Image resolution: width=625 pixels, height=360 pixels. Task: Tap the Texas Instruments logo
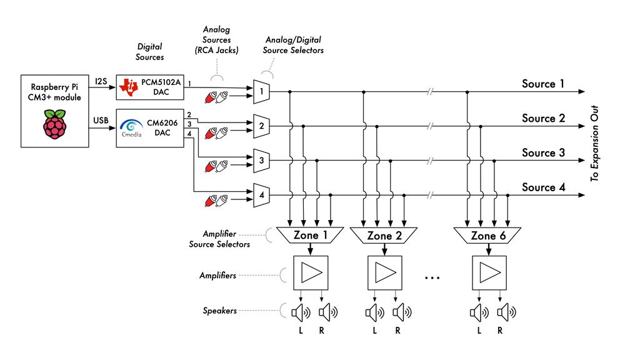click(128, 87)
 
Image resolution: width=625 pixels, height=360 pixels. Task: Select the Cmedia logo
click(131, 128)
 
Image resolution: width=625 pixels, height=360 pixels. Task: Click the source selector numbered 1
click(261, 92)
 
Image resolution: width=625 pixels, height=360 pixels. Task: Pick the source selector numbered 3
click(261, 161)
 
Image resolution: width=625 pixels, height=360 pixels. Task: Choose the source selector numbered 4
click(261, 196)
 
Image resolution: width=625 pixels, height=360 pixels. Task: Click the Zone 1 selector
click(310, 235)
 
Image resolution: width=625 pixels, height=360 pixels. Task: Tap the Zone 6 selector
click(487, 236)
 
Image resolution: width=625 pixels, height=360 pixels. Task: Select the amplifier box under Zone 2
click(384, 273)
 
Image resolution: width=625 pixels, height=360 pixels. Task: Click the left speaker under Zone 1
click(301, 312)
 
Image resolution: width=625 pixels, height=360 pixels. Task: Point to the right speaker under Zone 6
click(507, 312)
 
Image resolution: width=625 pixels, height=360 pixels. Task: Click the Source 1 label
click(543, 84)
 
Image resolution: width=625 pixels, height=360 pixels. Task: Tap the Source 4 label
click(543, 187)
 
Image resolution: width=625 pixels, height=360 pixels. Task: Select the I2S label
click(101, 81)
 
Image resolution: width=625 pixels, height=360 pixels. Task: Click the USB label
click(101, 121)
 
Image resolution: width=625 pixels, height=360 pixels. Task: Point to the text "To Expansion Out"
click(594, 144)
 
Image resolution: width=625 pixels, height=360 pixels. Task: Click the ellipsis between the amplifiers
click(432, 277)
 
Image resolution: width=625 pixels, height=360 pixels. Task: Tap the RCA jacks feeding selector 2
click(216, 132)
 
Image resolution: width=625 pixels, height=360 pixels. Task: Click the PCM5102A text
click(161, 82)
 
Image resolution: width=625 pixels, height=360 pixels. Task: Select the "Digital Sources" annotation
click(149, 52)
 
